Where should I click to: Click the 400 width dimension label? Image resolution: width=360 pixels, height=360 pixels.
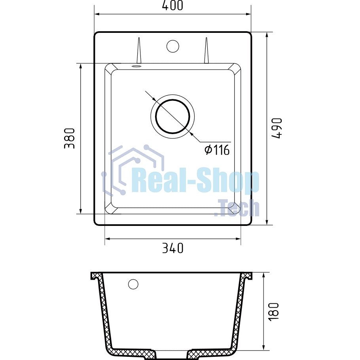172,5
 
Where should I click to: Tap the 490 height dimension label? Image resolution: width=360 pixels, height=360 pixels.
277,128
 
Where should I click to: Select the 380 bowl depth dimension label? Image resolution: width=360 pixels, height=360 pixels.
69,138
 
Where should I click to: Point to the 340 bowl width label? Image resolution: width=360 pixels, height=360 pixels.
172,248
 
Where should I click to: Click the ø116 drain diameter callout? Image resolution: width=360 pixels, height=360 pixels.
217,150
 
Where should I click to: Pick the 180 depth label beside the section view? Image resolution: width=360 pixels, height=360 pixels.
273,312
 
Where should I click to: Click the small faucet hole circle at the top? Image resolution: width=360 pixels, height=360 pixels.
172,46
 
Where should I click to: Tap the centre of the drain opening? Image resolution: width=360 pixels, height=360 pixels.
172,116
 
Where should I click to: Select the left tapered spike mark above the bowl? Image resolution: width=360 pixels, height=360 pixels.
139,50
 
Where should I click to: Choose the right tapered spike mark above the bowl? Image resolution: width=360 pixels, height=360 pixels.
207,50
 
